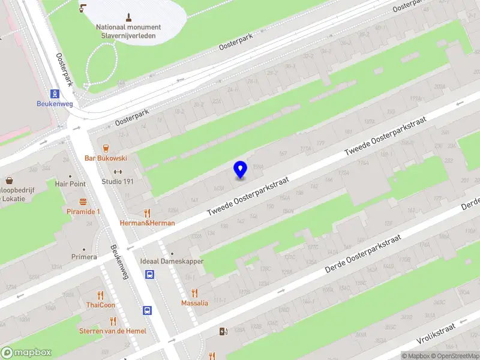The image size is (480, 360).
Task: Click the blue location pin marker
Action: tap(240, 170)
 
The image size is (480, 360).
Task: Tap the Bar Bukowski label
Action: tap(106, 158)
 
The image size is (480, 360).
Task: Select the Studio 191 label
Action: tap(118, 182)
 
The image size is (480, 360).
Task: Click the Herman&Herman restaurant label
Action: tap(148, 223)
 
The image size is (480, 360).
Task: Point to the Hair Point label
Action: tap(70, 184)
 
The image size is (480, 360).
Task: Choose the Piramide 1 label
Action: tap(83, 212)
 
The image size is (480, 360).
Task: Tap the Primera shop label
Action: tap(85, 257)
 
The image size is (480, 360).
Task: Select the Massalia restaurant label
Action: tap(194, 303)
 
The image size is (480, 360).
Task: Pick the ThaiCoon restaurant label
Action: tap(100, 305)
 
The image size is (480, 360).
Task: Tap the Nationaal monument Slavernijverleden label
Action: tap(128, 31)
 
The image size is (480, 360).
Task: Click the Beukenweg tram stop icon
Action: tap(55, 93)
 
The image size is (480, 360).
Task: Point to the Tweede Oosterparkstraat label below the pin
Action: tap(248, 197)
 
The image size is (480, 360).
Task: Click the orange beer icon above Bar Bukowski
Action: tap(106, 148)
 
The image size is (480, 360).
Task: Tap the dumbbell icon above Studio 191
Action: tap(118, 172)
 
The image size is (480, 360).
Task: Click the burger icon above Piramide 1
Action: tap(83, 202)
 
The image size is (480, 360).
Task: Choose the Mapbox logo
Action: tap(26, 353)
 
